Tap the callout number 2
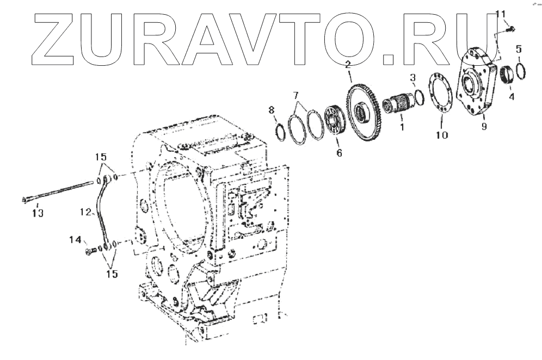click(x=347, y=66)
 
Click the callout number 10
click(x=441, y=134)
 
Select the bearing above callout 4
click(x=508, y=75)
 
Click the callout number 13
click(x=37, y=212)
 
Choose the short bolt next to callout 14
click(x=91, y=251)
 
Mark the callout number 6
click(x=338, y=153)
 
